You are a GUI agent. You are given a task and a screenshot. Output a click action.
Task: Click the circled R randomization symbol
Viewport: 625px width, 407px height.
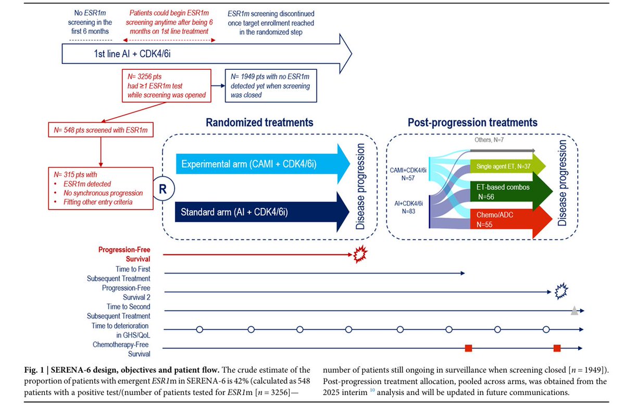(x=162, y=189)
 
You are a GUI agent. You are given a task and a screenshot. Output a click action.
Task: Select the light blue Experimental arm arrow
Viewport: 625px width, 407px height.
(x=263, y=164)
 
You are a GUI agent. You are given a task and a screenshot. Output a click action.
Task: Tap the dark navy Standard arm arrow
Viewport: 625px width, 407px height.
(x=262, y=212)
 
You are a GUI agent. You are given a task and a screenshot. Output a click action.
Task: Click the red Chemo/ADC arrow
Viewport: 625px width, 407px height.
(x=511, y=220)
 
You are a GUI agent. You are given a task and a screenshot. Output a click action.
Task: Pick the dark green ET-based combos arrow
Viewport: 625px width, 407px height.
(x=511, y=191)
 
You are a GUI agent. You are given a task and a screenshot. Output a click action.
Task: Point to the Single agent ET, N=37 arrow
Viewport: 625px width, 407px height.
(x=508, y=166)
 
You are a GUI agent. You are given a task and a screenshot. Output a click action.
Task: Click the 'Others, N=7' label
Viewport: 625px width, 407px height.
(x=489, y=140)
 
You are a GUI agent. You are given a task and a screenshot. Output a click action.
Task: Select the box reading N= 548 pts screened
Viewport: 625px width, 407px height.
(x=101, y=130)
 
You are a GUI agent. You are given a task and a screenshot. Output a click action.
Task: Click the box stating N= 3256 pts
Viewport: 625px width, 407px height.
(x=167, y=85)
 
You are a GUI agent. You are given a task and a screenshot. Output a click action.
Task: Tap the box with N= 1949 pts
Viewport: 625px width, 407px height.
(x=271, y=85)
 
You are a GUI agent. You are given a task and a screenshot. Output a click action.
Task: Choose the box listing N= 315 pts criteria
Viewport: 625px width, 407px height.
(x=101, y=189)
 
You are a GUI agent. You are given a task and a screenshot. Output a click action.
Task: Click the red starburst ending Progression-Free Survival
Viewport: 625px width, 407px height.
(x=360, y=254)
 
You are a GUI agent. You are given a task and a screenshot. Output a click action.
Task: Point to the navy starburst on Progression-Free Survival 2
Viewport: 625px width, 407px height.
(x=561, y=291)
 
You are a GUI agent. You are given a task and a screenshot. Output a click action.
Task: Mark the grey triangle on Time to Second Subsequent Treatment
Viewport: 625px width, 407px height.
(x=574, y=311)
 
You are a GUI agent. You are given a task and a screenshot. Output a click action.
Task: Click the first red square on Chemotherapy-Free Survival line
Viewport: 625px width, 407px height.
(x=468, y=348)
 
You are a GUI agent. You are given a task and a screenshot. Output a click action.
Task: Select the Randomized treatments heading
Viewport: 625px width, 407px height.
(x=259, y=122)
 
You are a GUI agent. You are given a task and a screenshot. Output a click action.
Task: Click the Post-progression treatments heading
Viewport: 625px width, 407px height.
(x=473, y=122)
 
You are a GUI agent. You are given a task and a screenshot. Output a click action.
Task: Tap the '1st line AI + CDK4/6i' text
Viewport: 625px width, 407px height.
(x=132, y=54)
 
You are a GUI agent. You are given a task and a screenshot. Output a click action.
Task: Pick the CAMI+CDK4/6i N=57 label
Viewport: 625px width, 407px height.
(x=408, y=174)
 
